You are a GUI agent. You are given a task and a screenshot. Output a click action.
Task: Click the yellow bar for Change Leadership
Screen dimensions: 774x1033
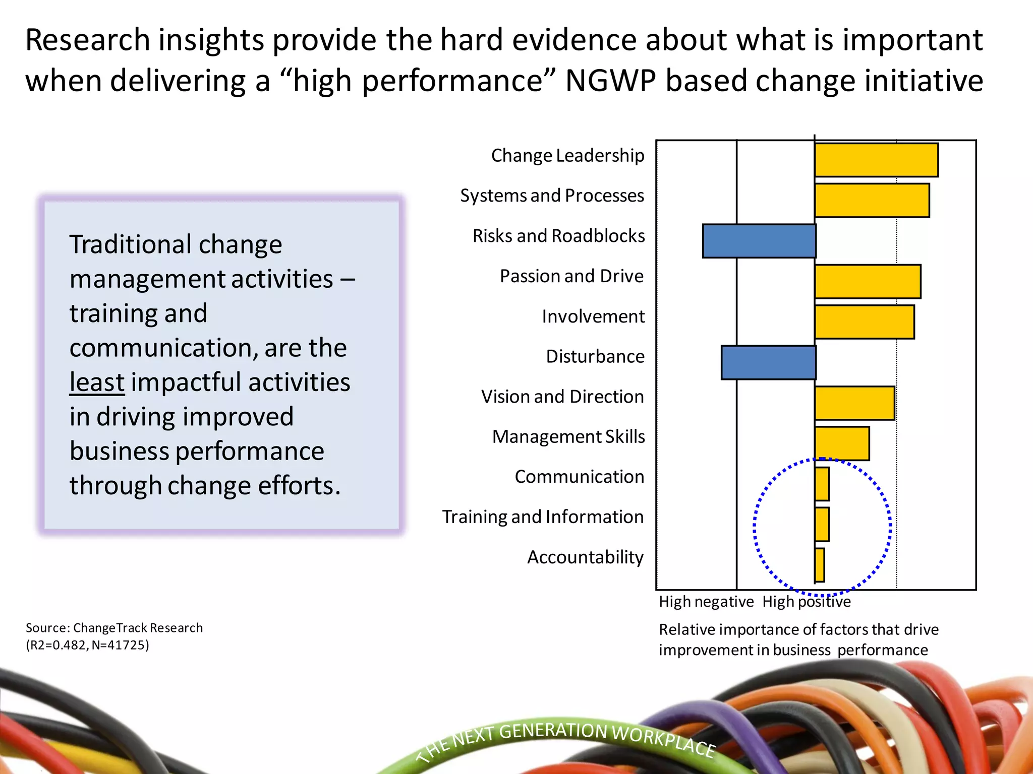tap(876, 160)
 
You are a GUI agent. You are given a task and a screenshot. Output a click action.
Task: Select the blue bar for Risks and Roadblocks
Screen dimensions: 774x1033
tap(759, 241)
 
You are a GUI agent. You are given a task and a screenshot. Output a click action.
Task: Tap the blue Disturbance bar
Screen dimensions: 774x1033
tap(768, 362)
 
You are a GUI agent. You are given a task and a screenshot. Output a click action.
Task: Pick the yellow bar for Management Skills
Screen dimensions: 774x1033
tap(842, 443)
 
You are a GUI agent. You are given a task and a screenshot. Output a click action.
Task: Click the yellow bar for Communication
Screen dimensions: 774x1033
tap(822, 484)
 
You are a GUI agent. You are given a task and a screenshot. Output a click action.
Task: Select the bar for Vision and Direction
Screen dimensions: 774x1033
tap(854, 403)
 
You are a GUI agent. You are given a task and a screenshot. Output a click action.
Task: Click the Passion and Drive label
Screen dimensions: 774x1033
tap(571, 276)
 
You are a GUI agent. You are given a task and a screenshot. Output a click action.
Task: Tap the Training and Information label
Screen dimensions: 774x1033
tap(543, 517)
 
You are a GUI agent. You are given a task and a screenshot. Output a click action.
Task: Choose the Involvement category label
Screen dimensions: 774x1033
tap(593, 316)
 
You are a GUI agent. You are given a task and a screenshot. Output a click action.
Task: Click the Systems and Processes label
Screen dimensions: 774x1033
tap(552, 196)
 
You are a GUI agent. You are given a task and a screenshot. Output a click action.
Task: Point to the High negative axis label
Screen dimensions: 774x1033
tap(706, 602)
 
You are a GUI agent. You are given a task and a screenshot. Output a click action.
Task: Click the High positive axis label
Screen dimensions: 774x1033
tap(806, 602)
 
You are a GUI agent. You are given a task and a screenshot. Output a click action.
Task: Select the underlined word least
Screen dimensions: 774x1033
tap(97, 382)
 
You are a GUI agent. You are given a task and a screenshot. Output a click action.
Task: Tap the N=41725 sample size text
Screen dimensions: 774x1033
tap(121, 646)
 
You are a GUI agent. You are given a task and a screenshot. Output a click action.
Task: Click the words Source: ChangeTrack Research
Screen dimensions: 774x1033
tap(114, 628)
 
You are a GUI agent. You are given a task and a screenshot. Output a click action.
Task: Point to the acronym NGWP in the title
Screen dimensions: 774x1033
tap(610, 81)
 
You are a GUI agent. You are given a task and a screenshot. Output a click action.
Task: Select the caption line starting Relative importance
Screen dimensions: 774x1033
tap(798, 630)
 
